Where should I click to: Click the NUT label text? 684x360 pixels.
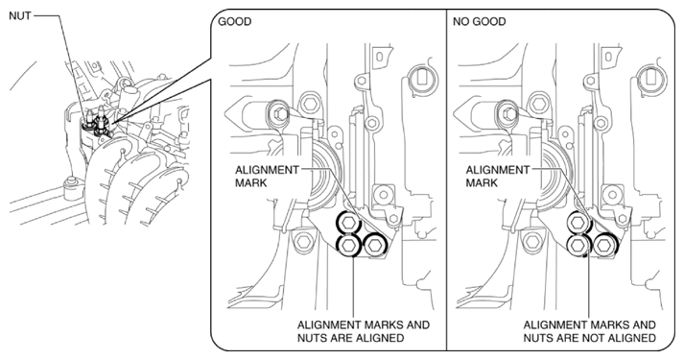click(19, 15)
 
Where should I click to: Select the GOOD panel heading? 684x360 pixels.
click(234, 21)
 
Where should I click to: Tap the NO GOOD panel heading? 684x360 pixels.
click(479, 21)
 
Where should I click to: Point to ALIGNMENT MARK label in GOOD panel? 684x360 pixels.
click(267, 176)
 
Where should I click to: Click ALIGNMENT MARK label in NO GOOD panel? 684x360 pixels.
click(498, 176)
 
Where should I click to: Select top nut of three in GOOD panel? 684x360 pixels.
click(347, 223)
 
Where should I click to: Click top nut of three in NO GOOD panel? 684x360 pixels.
click(578, 223)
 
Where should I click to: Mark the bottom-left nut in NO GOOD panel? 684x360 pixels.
click(578, 246)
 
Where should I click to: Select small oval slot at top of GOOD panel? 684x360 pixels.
click(379, 57)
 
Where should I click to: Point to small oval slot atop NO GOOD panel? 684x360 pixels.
click(609, 57)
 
